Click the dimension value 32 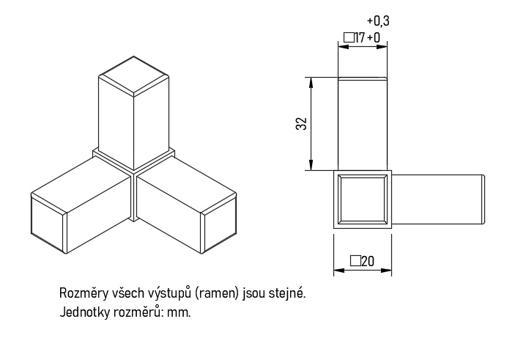301,123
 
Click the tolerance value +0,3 377,21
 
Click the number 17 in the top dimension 360,37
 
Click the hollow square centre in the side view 362,199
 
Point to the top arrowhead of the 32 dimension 312,81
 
